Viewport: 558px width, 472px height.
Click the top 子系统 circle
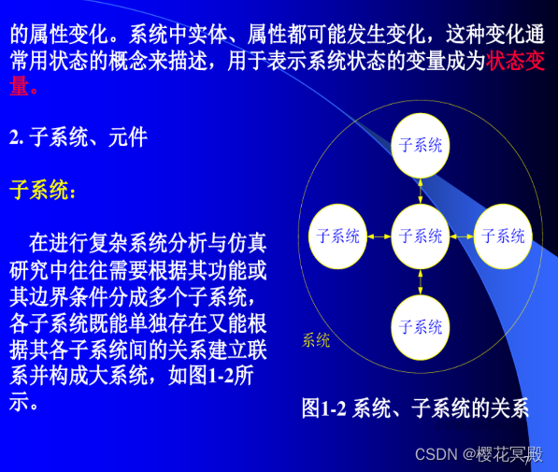click(421, 145)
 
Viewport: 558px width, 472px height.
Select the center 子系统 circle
click(421, 236)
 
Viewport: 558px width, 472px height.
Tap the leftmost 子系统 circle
click(338, 236)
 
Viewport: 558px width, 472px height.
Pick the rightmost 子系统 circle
click(503, 236)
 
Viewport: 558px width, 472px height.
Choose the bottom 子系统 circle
click(421, 327)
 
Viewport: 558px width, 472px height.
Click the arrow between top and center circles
click(421, 191)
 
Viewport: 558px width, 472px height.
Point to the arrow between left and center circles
click(379, 236)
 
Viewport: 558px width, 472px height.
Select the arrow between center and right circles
click(462, 236)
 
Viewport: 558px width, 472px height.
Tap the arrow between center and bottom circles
click(421, 281)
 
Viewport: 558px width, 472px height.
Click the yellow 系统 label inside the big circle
click(316, 340)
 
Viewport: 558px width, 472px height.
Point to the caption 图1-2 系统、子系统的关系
click(415, 408)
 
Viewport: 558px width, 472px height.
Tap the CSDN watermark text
click(478, 454)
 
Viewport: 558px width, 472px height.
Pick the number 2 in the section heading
click(14, 138)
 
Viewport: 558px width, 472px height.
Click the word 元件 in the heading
click(128, 138)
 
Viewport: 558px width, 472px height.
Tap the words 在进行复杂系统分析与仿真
click(148, 245)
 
